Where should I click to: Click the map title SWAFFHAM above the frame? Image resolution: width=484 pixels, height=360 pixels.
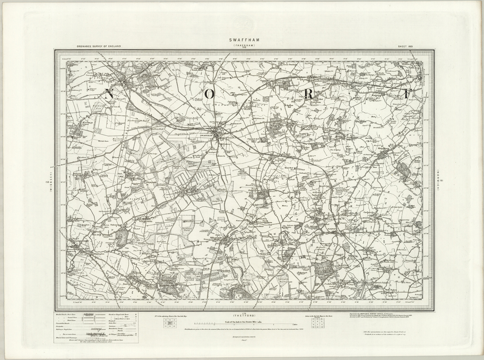(243, 40)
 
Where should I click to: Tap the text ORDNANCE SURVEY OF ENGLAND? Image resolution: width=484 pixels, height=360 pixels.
(99, 46)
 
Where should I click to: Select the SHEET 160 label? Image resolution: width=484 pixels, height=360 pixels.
(406, 46)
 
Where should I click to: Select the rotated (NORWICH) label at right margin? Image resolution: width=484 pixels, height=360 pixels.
(439, 180)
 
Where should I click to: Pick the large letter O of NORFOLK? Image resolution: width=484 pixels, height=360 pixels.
(210, 94)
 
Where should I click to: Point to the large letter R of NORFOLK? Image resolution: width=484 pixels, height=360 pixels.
(309, 94)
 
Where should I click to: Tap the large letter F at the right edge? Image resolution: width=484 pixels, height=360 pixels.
(407, 94)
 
